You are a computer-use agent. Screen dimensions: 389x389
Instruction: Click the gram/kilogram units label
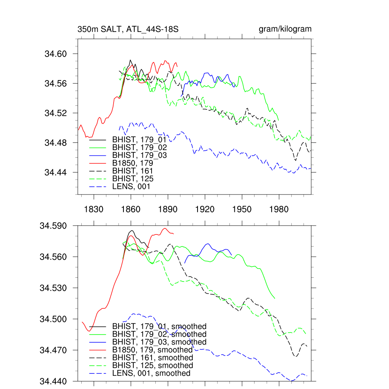(285, 29)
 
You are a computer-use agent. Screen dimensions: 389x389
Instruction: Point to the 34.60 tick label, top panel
(55, 54)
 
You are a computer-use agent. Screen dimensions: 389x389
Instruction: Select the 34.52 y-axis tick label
(55, 113)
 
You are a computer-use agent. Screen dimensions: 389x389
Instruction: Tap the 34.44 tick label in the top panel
(55, 172)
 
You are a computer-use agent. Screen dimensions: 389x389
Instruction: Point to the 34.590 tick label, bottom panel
(53, 226)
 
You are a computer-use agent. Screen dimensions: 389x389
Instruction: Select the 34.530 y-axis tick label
(53, 288)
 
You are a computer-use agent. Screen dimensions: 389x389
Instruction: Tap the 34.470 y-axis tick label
(53, 350)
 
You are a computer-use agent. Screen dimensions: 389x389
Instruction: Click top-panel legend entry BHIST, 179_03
(139, 155)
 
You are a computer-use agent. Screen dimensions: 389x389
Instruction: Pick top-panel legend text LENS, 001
(131, 187)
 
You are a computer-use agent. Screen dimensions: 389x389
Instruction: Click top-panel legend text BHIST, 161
(133, 171)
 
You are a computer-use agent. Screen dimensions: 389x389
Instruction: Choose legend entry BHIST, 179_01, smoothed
(159, 327)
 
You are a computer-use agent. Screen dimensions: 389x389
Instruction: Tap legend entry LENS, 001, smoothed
(151, 373)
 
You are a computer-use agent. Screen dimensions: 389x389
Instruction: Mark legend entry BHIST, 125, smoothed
(152, 365)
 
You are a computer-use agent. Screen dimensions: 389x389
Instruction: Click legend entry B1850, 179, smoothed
(152, 350)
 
